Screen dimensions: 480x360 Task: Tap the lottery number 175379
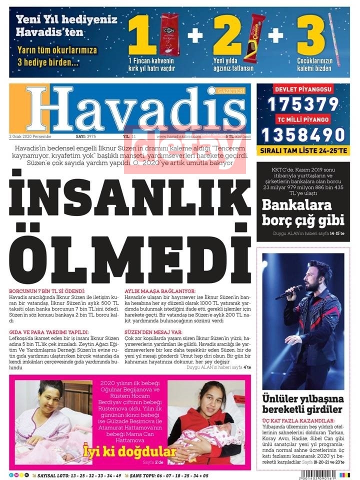tap(303, 104)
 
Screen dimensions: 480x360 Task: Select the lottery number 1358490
tap(303, 134)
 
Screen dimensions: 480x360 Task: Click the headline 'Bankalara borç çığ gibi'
tap(303, 212)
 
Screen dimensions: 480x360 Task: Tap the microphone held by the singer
tap(289, 292)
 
